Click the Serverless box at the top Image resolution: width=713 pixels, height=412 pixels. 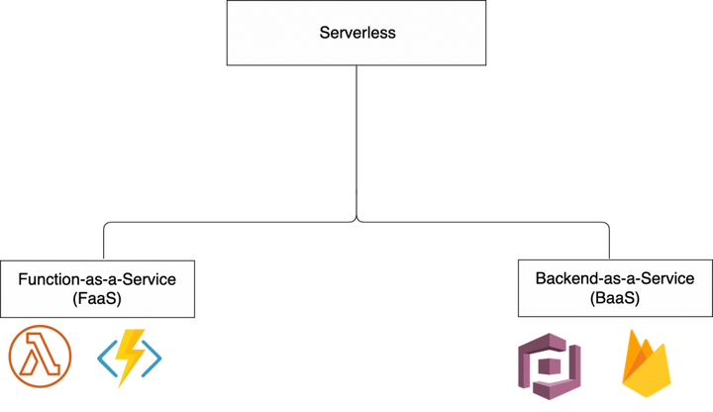[x=356, y=33]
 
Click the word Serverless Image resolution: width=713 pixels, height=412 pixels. [x=356, y=33]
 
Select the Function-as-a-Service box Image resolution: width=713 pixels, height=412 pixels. [x=97, y=289]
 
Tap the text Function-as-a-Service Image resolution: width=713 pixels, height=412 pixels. [x=97, y=279]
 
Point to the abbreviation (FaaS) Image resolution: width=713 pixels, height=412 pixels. [x=97, y=298]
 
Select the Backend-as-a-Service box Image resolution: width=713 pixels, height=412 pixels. [x=615, y=289]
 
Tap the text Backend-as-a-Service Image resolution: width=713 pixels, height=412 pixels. [x=615, y=279]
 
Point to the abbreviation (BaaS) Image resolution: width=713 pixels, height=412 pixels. [x=615, y=298]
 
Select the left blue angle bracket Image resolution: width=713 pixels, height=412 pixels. [x=103, y=358]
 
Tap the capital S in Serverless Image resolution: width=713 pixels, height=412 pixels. [x=324, y=33]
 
